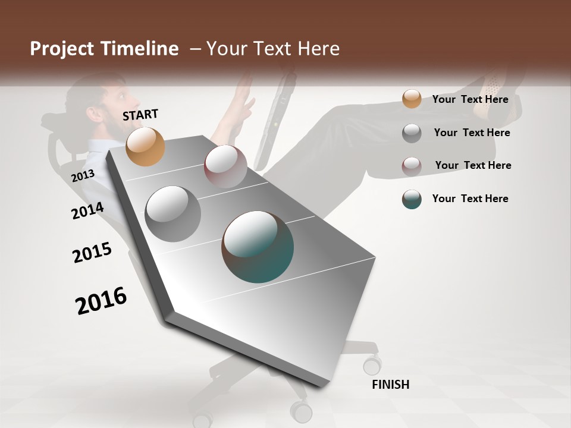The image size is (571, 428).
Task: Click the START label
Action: [x=140, y=115]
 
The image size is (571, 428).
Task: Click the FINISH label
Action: [x=391, y=385]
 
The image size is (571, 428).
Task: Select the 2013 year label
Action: [x=83, y=176]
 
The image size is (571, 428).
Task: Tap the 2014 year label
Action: [x=87, y=210]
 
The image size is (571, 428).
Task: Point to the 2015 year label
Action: [x=92, y=253]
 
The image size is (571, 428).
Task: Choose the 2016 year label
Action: [x=101, y=300]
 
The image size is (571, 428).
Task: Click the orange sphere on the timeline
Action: [x=145, y=146]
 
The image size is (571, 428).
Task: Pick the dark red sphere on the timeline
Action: [x=225, y=166]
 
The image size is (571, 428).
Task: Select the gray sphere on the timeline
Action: [x=173, y=214]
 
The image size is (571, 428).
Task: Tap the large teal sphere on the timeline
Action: [x=258, y=247]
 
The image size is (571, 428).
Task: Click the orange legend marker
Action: [x=412, y=99]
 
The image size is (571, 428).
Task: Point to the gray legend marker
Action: [x=412, y=133]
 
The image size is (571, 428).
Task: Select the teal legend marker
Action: [x=412, y=199]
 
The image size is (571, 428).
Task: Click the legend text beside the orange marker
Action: [x=470, y=99]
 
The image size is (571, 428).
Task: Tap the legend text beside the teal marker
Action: [x=470, y=199]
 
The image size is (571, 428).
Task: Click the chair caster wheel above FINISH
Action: [x=372, y=364]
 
